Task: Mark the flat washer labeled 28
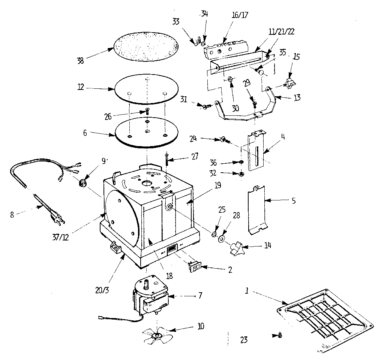pos(222,238)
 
